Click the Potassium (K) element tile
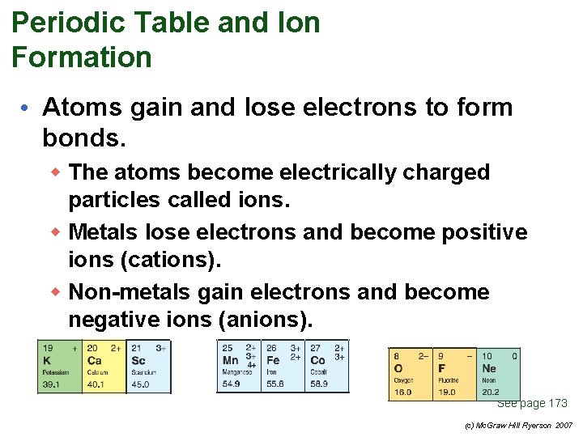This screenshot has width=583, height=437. click(x=60, y=367)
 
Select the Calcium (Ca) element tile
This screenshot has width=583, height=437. click(x=104, y=367)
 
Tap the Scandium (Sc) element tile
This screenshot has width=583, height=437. click(x=149, y=367)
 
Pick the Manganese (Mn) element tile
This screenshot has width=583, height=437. click(x=238, y=367)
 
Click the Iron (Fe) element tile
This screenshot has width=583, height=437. click(x=283, y=367)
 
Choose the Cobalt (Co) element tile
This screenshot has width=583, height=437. click(x=327, y=367)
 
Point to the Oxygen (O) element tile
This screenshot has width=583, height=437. click(x=411, y=373)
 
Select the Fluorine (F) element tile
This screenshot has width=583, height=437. click(x=454, y=373)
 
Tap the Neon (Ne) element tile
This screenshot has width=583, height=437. click(x=498, y=373)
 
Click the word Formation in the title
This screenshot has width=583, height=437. click(x=82, y=57)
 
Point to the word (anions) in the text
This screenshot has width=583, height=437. click(x=264, y=320)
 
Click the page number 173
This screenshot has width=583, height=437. click(x=558, y=403)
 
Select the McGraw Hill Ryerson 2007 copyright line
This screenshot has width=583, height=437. click(x=519, y=425)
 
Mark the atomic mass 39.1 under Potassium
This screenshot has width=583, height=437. click(x=52, y=384)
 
